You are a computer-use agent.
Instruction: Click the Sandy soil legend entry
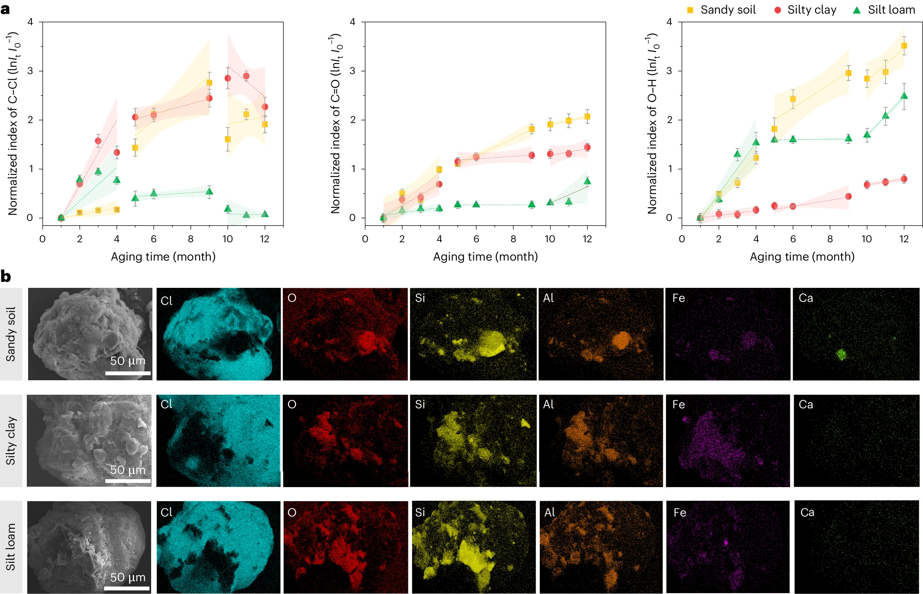pos(721,10)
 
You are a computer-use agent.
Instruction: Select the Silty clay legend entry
pos(805,10)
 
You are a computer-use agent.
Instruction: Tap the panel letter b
pos(6,277)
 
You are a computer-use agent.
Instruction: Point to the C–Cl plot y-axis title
pos(13,123)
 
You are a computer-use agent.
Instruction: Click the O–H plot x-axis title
pos(802,257)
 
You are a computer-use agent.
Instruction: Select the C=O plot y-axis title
pos(335,123)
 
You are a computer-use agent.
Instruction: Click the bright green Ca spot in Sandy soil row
pos(841,354)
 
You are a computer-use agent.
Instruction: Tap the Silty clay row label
pos(11,441)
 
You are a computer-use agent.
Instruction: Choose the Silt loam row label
pos(11,547)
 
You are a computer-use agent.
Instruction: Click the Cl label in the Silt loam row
pos(166,512)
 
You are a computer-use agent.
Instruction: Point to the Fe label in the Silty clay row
pos(679,405)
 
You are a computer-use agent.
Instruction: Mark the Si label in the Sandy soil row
pos(420,298)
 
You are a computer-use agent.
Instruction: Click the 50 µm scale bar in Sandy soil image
pos(128,373)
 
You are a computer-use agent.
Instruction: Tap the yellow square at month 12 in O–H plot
pos(904,46)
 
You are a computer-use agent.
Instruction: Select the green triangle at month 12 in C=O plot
pos(587,181)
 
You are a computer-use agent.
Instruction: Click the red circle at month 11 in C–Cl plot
pos(246,76)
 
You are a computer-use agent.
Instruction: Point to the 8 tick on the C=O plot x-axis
pos(513,239)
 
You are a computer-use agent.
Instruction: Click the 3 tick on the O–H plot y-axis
pos(669,71)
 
